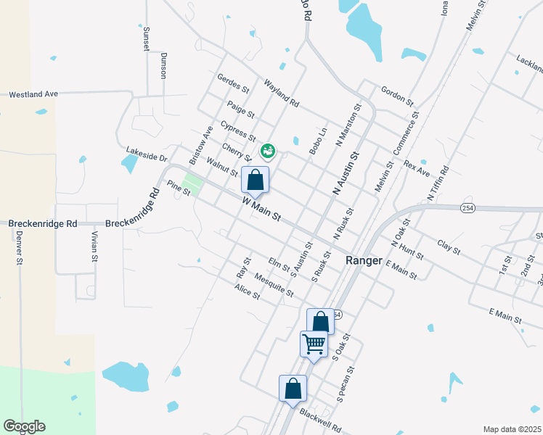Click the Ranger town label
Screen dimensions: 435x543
tap(364, 260)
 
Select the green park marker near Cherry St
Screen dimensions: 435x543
tap(267, 151)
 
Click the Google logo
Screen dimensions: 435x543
tap(23, 426)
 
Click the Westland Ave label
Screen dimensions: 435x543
tap(33, 94)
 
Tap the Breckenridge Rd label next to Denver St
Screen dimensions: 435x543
tap(42, 225)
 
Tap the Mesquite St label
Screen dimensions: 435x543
tap(274, 284)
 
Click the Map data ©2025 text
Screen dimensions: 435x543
tap(512, 429)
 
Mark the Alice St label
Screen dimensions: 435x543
tap(247, 291)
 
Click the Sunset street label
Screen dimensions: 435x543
tap(146, 38)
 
